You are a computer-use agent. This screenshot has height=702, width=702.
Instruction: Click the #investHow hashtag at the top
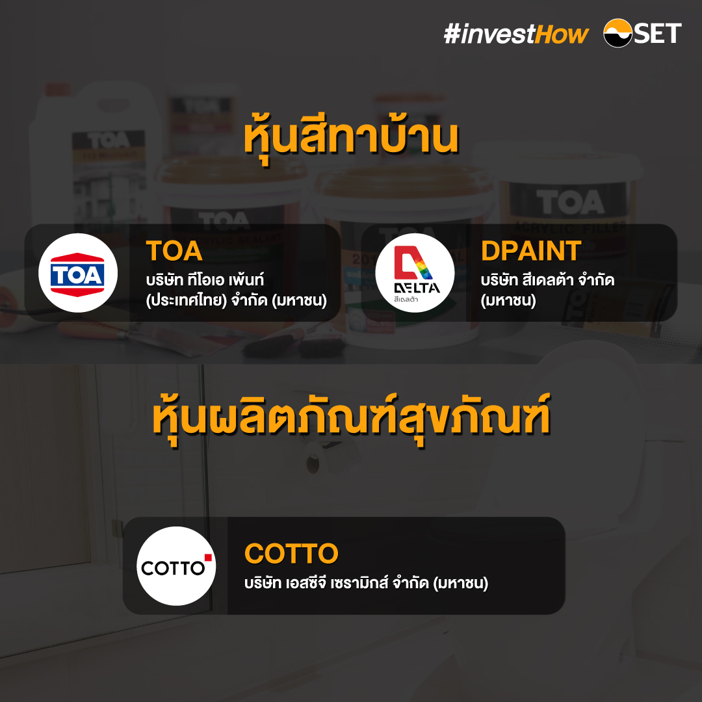(516, 34)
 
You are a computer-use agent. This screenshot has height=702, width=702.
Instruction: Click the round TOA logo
(78, 273)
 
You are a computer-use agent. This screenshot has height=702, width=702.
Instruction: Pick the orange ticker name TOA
(174, 250)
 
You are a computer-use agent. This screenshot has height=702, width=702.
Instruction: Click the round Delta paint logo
(415, 273)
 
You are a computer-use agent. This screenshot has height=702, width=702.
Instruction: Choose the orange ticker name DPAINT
(531, 250)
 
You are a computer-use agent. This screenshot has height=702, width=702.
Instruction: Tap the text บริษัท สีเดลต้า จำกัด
(547, 280)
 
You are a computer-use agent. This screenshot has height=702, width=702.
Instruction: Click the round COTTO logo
(176, 566)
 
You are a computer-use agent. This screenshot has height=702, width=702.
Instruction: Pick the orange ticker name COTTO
(291, 554)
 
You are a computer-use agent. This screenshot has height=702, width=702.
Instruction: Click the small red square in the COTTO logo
(208, 558)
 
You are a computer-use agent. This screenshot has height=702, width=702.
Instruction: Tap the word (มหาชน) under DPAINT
(508, 300)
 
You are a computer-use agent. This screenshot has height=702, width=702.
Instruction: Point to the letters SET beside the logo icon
(658, 33)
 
